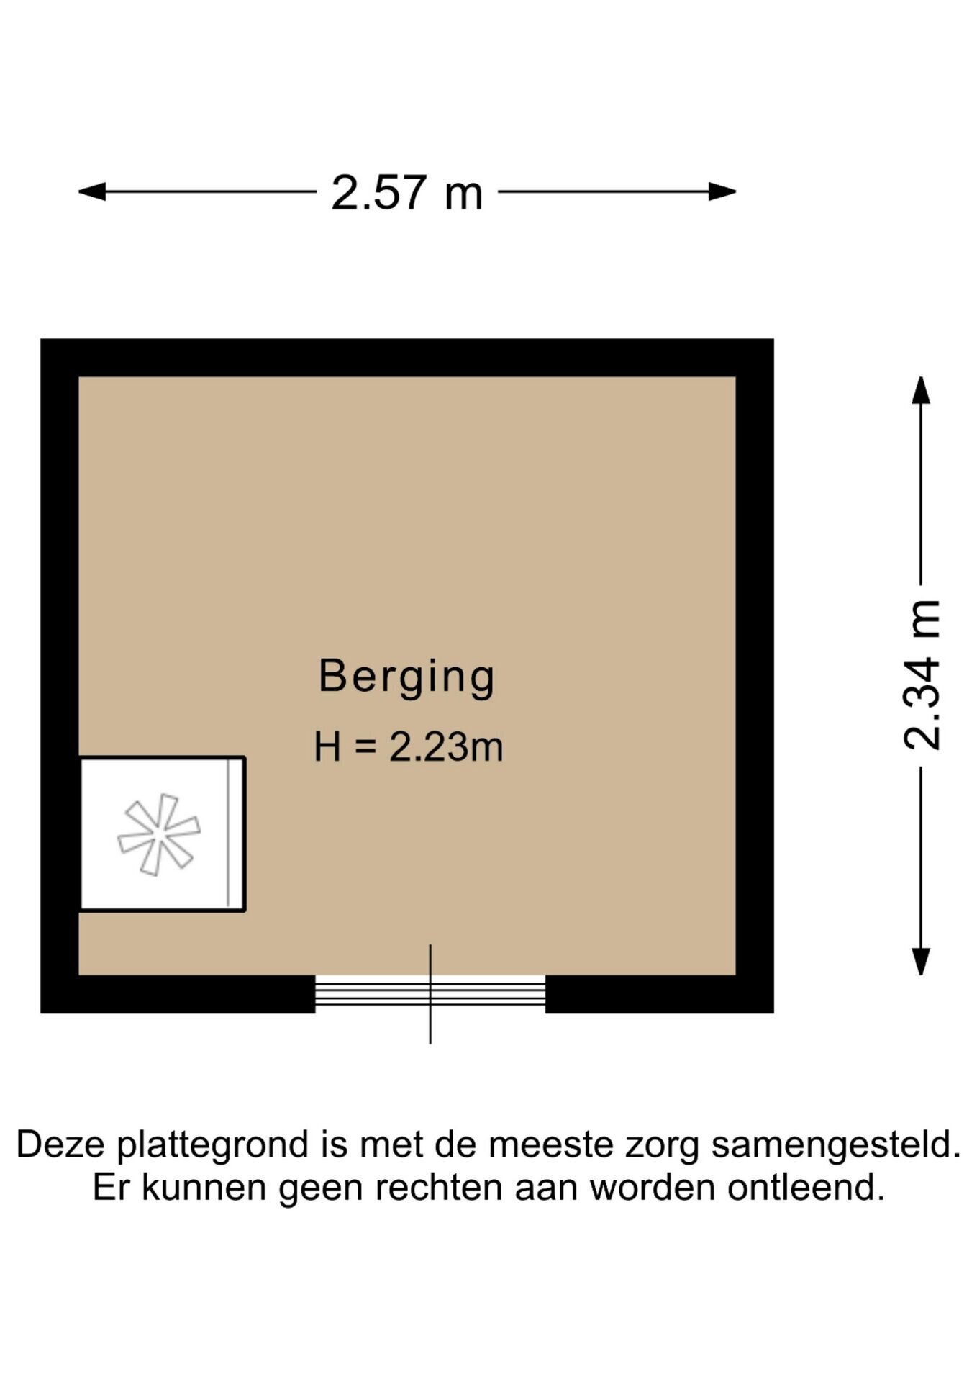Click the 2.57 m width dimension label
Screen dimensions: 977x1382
click(x=406, y=193)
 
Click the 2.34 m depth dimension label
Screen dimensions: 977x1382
click(x=922, y=674)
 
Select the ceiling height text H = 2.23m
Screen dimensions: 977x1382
click(x=408, y=746)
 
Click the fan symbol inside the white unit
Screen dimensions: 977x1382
click(x=159, y=835)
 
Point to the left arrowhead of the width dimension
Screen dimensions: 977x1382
click(x=92, y=191)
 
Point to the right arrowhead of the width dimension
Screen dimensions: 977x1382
click(x=722, y=191)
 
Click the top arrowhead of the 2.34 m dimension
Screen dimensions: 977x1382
click(x=921, y=390)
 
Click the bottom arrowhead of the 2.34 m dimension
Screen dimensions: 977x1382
click(x=921, y=962)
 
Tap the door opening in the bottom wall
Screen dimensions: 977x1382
click(x=430, y=994)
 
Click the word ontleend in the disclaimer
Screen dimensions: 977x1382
click(x=806, y=1188)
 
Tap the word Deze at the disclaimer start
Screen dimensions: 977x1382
click(x=61, y=1144)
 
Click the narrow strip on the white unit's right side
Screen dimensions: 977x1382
click(x=235, y=834)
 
